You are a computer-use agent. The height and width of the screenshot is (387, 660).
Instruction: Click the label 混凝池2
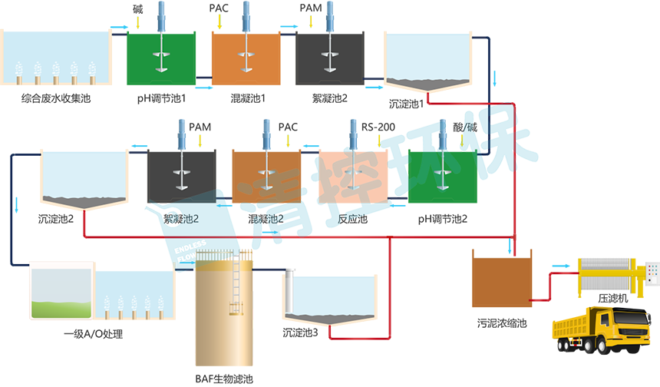(x=261, y=220)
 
